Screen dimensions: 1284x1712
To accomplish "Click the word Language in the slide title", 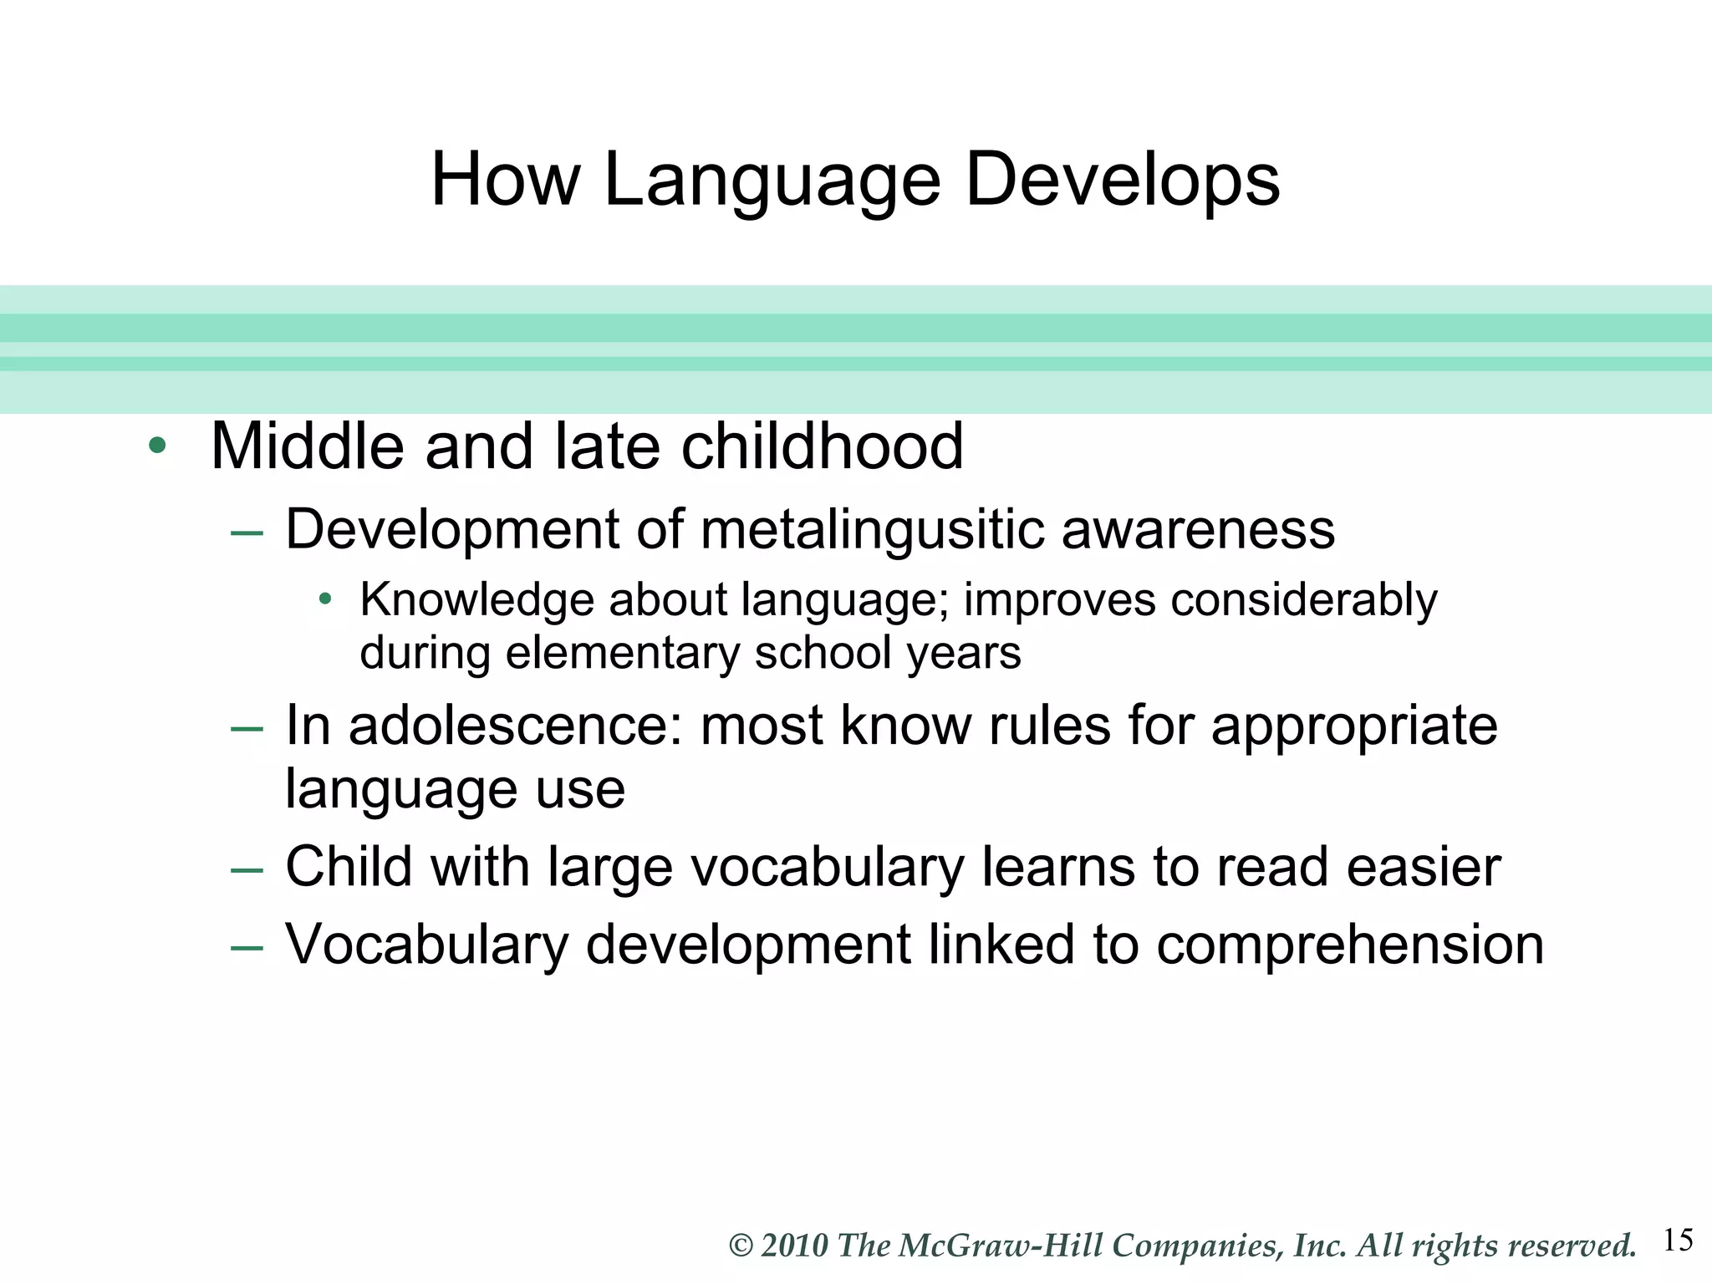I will (771, 181).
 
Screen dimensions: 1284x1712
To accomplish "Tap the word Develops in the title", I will (1122, 181).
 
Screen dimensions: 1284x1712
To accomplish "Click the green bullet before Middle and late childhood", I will (157, 446).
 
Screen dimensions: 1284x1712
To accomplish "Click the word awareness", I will (1197, 530).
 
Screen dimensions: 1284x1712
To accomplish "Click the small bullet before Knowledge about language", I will (326, 599).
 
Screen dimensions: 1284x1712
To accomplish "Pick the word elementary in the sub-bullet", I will (622, 653).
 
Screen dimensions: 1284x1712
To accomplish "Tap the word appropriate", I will (1353, 726).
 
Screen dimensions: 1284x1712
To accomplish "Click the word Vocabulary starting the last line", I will (426, 945).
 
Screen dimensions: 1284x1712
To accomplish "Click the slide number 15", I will (1678, 1240).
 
